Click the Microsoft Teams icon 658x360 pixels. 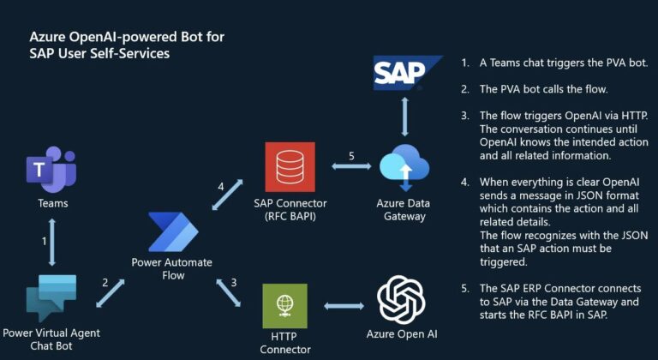[51, 170]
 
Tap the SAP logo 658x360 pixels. [407, 73]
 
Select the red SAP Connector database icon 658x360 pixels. [290, 167]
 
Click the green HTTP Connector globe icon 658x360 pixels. [285, 306]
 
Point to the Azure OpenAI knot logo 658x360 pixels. [401, 300]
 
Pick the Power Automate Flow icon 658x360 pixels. [173, 232]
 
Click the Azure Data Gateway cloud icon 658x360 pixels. [404, 167]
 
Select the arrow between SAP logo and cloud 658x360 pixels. [404, 117]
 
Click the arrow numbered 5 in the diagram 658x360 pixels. [351, 167]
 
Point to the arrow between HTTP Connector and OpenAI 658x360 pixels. [344, 306]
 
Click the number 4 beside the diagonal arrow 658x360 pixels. [221, 187]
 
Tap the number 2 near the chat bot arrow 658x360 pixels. [105, 283]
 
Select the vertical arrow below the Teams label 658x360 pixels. [52, 242]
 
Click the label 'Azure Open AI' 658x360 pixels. [402, 334]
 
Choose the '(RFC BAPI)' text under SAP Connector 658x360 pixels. [290, 217]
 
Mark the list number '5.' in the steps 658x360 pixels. [465, 289]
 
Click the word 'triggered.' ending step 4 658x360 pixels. [503, 262]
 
